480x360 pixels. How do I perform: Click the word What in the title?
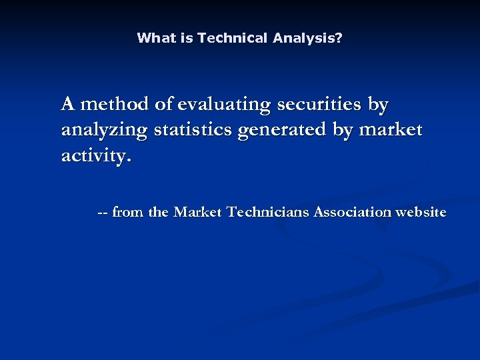(x=154, y=38)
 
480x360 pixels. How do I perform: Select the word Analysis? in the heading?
(x=307, y=38)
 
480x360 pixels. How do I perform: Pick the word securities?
(x=319, y=105)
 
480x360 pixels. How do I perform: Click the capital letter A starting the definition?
(x=68, y=105)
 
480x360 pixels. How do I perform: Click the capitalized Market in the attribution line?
(x=198, y=213)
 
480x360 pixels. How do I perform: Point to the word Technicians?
(x=268, y=213)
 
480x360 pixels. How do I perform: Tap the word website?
(x=421, y=213)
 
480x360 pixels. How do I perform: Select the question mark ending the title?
(x=339, y=38)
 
